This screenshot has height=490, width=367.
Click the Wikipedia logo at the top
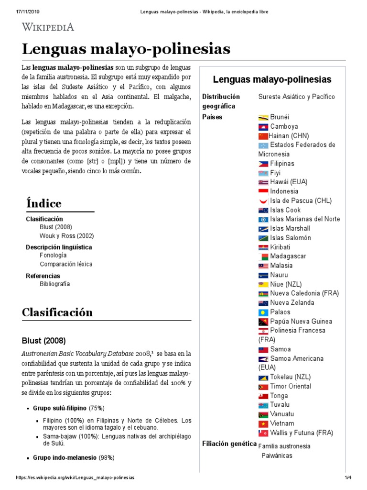pos(48,27)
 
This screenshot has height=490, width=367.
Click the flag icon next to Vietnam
pos(263,423)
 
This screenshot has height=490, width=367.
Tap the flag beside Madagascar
pos(263,256)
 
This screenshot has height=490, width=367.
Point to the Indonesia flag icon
pos(263,191)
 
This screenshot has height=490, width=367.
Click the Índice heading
pos(44,203)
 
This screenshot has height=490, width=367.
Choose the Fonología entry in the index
pos(53,256)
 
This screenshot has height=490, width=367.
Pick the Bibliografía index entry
pos(54,284)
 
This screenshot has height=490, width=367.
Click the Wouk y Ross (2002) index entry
pos(66,236)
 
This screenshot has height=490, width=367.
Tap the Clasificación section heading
pos(57,312)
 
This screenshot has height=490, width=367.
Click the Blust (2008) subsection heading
pos(44,341)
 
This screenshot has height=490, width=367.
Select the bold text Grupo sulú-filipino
pos(60,408)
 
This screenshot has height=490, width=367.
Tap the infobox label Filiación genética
pos(229,444)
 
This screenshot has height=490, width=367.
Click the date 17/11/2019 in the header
pos(18,12)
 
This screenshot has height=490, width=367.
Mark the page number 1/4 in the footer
pos(347,478)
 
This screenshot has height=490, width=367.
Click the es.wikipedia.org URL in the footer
pos(75,478)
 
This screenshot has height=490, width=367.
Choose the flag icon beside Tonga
pos(263,396)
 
